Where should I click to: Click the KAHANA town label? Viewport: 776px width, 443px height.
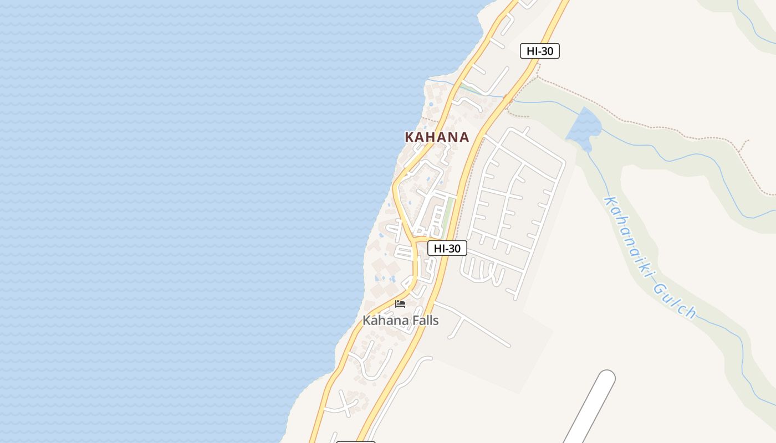(437, 137)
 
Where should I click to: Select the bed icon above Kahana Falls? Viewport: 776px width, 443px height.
(400, 303)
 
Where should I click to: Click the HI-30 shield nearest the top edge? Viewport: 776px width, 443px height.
(539, 51)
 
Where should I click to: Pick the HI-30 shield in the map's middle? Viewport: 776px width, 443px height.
(447, 248)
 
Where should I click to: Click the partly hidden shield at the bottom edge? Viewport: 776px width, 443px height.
(356, 441)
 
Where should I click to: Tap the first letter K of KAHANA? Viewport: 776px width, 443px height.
(409, 137)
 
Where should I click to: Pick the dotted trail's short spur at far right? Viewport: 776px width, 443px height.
(744, 146)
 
